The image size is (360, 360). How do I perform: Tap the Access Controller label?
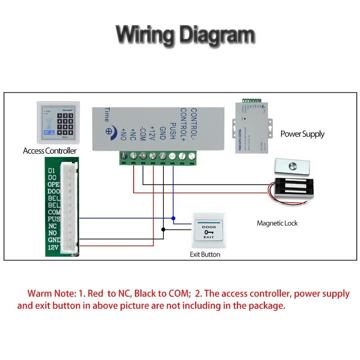(49, 151)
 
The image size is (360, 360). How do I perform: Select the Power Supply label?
(302, 134)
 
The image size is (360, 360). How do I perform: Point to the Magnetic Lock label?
(277, 223)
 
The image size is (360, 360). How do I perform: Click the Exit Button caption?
(205, 254)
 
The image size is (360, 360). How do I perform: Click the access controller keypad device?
(58, 120)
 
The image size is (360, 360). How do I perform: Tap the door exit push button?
(208, 231)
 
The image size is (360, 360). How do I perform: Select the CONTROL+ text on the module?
(183, 123)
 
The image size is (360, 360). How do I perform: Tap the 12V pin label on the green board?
(53, 247)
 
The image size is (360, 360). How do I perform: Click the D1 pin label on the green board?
(52, 171)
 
